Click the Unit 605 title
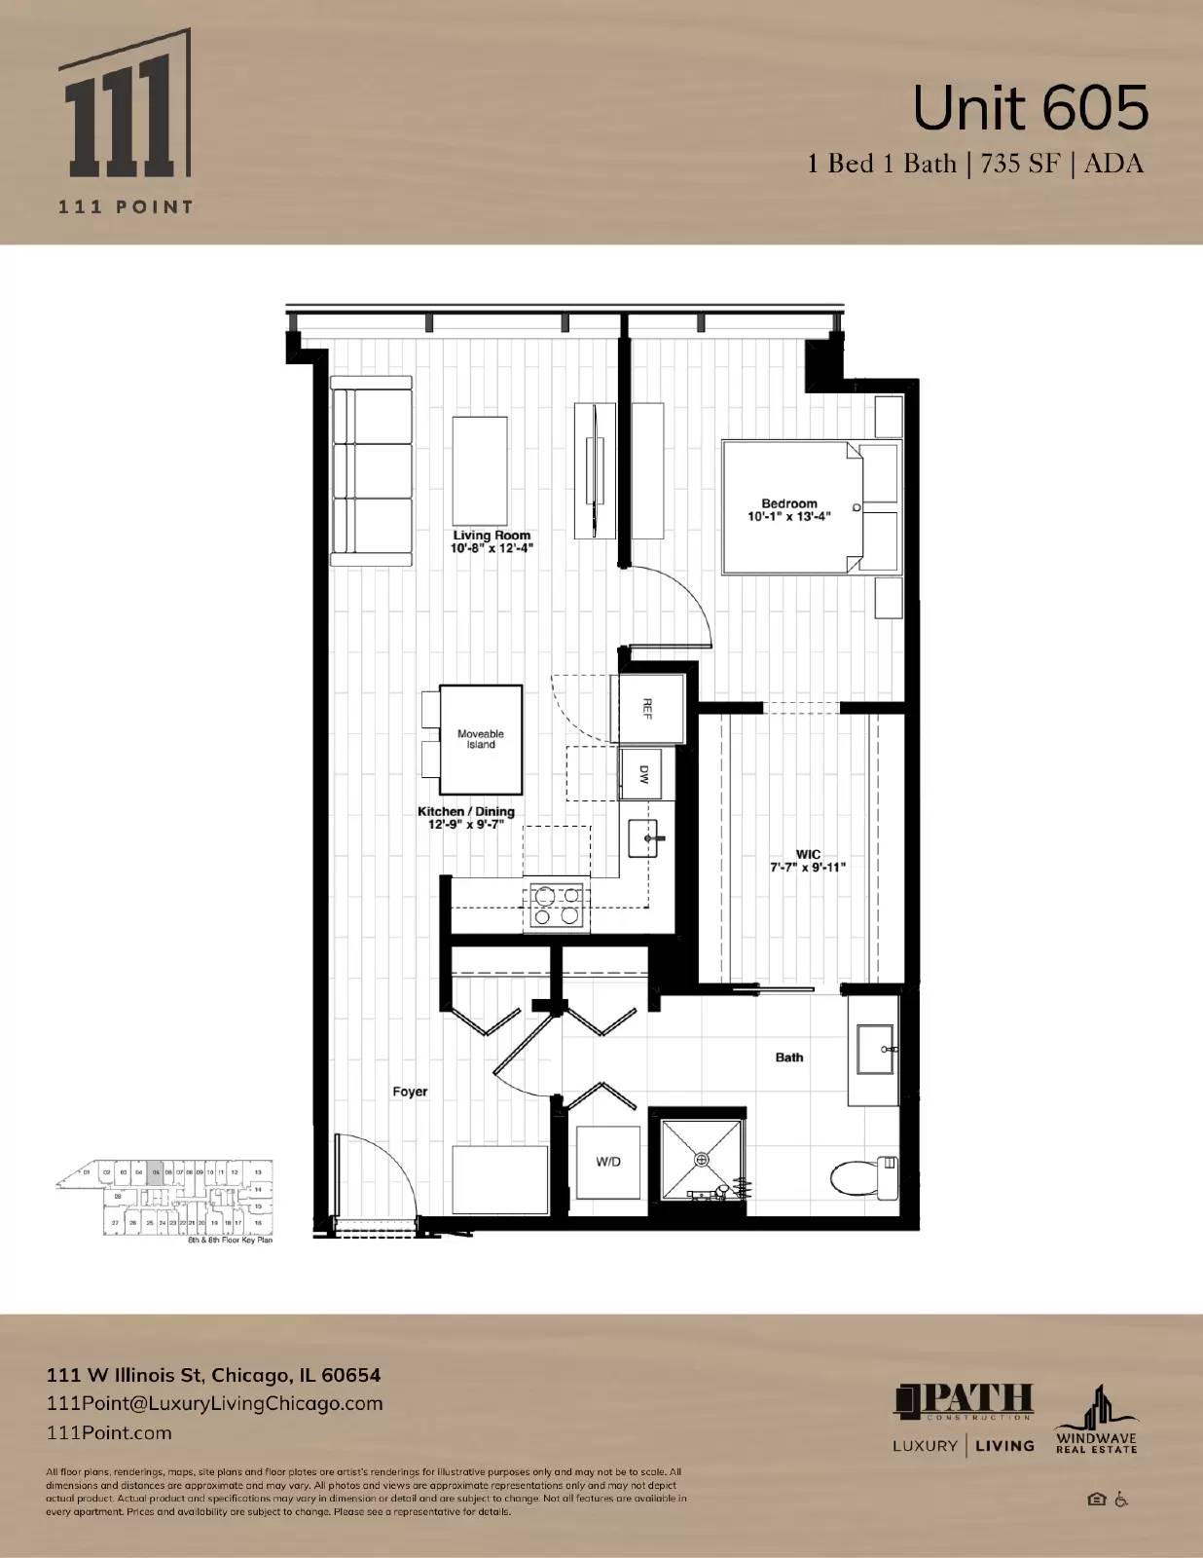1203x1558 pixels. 1030,109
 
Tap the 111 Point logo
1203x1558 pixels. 125,122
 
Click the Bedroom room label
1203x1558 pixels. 788,509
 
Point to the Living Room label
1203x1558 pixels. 492,541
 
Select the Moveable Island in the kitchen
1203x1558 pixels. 480,739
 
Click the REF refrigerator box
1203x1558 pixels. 647,708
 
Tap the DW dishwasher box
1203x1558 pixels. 642,774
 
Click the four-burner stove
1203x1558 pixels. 556,906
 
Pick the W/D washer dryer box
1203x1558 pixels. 608,1162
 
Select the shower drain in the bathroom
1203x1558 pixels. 701,1159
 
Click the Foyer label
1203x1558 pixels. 410,1092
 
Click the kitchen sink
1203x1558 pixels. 644,836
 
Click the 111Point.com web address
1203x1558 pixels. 109,1432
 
